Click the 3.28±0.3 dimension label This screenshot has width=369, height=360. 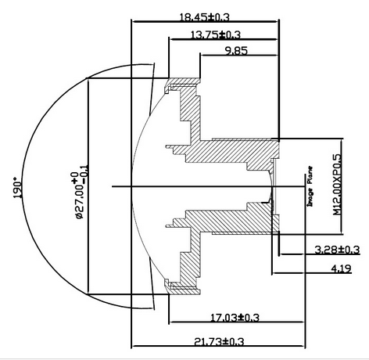[x=336, y=250]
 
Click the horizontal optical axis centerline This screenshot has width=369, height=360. [x=195, y=186]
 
